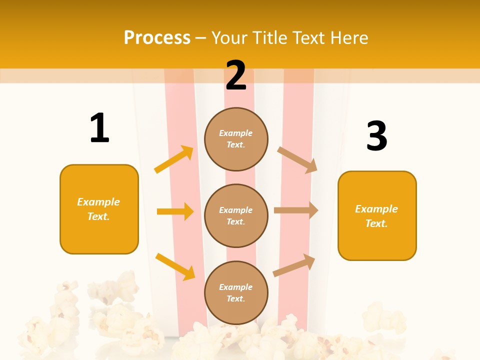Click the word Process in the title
coord(157,38)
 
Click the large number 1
coord(99,128)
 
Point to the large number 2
coord(236,75)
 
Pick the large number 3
coord(376,136)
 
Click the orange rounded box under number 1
coord(99,209)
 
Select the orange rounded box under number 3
coord(377,215)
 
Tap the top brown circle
coord(236,139)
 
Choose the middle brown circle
coord(236,215)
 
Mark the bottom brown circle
coord(236,292)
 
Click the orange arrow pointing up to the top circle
coord(174,159)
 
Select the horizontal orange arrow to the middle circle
coord(175,211)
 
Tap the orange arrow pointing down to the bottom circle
coord(175,266)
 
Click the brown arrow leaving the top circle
coord(297,159)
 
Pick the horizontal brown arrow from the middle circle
coord(296,210)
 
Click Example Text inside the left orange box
coord(98,209)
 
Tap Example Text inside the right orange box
coord(376,216)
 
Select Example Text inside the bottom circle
coord(235,293)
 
